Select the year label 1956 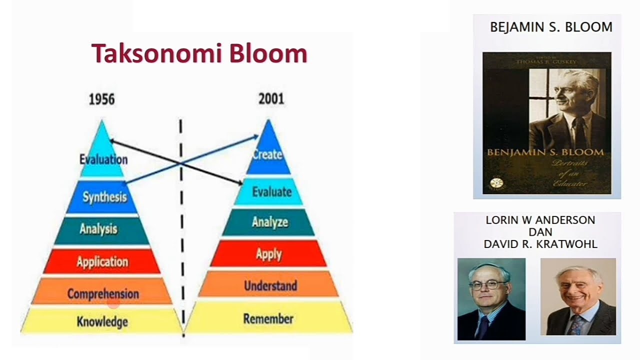coord(101,99)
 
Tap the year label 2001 coord(271,99)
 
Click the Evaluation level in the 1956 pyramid coord(103,159)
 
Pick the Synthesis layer coord(104,197)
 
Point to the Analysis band coord(98,229)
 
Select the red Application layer coord(102,261)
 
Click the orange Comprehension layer coord(103,293)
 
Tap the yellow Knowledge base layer coord(102,321)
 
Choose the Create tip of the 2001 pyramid coord(267,154)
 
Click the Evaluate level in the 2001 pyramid coord(271,192)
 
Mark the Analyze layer coord(269,222)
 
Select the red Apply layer coord(268,254)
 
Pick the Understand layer coord(270,286)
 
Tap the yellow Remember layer coord(268,318)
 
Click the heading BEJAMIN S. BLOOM coord(551,27)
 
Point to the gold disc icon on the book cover coord(495,183)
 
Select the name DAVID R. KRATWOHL coord(540,244)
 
